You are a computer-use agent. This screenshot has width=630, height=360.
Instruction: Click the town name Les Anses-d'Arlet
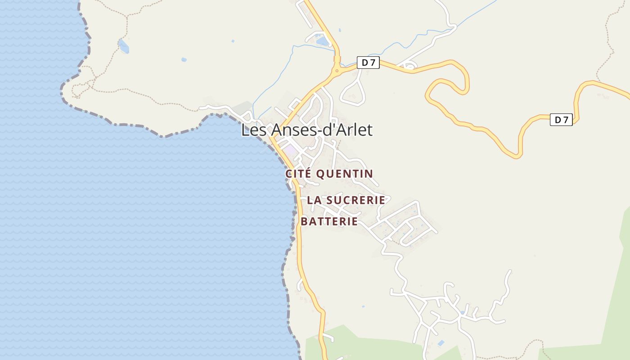coord(307,130)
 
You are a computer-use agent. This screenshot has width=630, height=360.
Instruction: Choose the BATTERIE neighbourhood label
coord(329,221)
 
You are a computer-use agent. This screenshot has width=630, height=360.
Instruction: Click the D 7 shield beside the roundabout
coord(368,63)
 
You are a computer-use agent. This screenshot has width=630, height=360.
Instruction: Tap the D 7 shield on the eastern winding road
coord(561,120)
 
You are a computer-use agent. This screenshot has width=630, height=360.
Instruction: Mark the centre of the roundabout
coord(337,70)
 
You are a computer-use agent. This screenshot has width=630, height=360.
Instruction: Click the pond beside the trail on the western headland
coord(123,45)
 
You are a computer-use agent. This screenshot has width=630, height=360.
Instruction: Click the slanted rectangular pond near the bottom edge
coord(441,343)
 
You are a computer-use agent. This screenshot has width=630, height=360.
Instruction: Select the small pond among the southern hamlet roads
coord(462,312)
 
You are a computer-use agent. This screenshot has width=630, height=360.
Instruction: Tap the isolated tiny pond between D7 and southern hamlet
coord(363,306)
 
